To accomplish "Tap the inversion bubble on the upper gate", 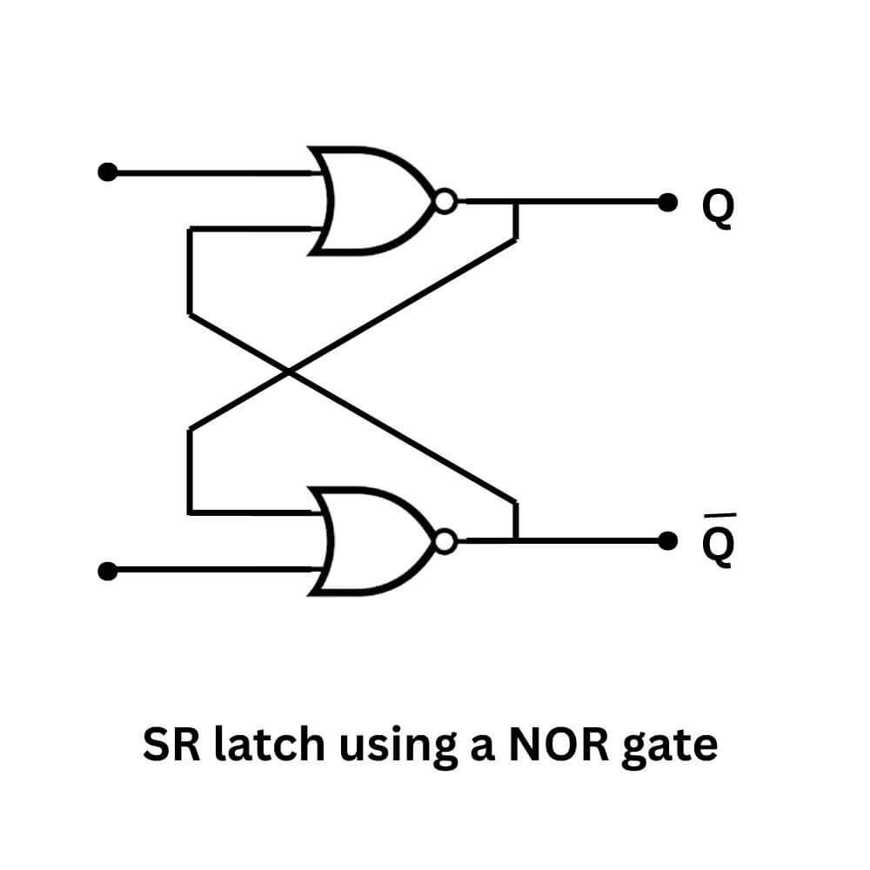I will tap(445, 202).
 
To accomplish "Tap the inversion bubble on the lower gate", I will tap(445, 542).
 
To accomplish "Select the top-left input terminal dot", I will tap(107, 172).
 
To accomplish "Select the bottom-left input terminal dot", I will tap(107, 572).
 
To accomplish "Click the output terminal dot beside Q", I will tap(667, 202).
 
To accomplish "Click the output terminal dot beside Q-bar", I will tap(667, 542).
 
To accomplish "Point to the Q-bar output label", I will tap(718, 546).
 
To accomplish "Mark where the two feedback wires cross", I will tap(289, 372).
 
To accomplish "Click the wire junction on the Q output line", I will tap(517, 202).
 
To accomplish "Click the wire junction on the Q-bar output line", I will tap(517, 541).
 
